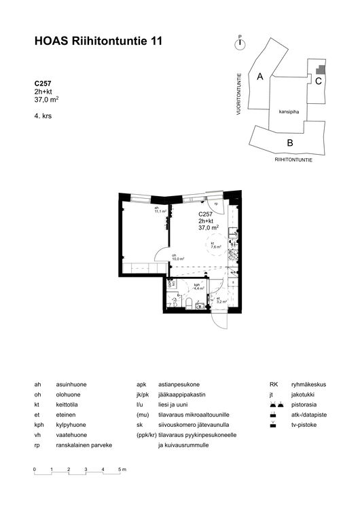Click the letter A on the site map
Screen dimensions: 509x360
pos(260,77)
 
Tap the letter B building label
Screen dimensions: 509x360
pos(289,143)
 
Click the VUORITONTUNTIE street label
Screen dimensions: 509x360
pos(239,96)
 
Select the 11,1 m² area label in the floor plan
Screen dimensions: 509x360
pos(160,210)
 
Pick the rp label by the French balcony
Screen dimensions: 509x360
pos(216,204)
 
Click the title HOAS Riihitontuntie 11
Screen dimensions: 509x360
pos(98,42)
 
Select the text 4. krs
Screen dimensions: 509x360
pos(43,116)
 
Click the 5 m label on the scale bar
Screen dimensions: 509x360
pos(122,470)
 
